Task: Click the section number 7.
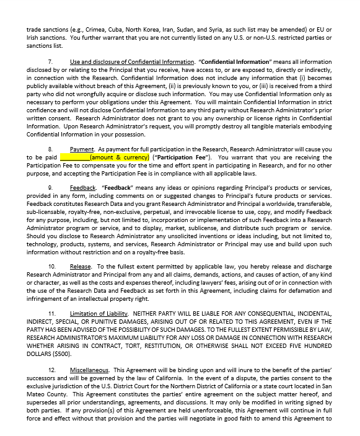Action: pyautogui.click(x=50, y=62)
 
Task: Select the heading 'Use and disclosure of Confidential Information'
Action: pyautogui.click(x=132, y=62)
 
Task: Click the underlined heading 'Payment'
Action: pyautogui.click(x=82, y=149)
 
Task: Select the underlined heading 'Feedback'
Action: pyautogui.click(x=82, y=187)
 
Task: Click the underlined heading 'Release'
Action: pyautogui.click(x=81, y=266)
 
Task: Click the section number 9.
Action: pyautogui.click(x=50, y=187)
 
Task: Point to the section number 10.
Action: pyautogui.click(x=51, y=266)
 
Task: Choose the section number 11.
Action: pyautogui.click(x=51, y=313)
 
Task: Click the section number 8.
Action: pyautogui.click(x=50, y=149)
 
